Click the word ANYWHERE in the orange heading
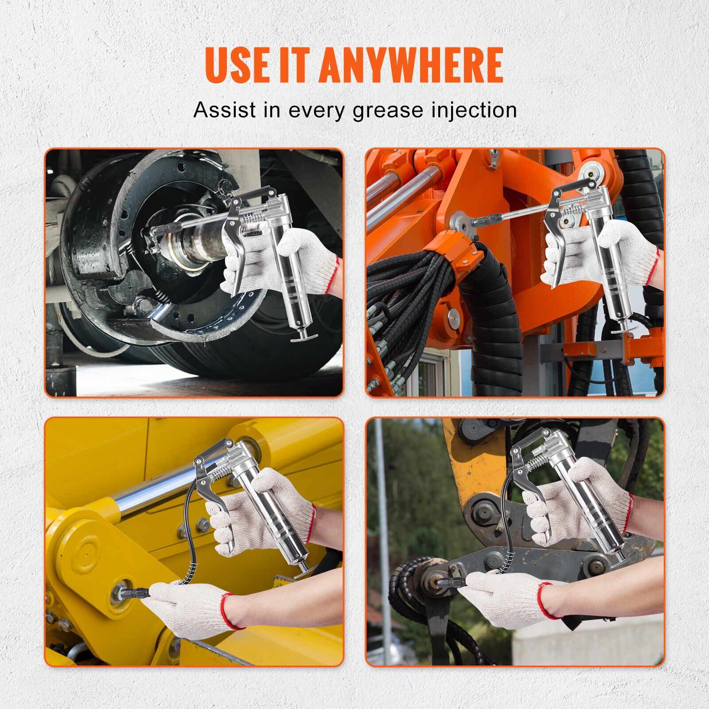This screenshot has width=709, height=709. coord(411,65)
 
